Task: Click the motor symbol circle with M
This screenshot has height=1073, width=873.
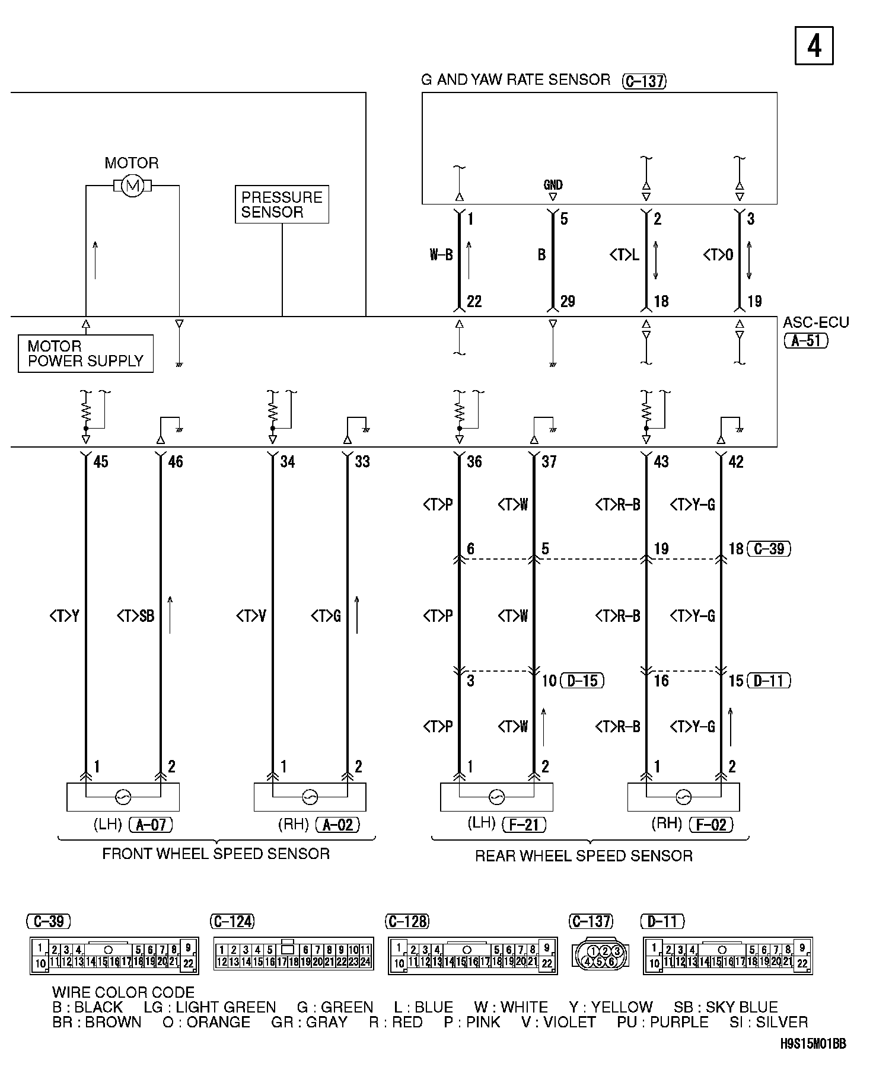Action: coord(132,186)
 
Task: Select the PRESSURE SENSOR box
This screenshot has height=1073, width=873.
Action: coord(282,205)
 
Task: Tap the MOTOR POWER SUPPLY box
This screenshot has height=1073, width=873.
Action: coord(85,354)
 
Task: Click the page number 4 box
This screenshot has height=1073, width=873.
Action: coord(814,46)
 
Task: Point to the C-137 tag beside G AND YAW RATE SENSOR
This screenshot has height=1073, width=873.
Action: coord(644,81)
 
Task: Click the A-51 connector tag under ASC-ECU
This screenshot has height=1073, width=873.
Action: coord(806,341)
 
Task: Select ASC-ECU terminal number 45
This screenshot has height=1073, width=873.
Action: coord(101,462)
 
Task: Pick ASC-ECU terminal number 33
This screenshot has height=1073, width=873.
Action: coord(362,462)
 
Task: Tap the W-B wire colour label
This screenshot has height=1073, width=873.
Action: coord(441,255)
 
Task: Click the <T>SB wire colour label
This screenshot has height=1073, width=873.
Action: coord(135,617)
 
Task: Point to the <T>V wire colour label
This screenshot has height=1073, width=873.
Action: coord(251,617)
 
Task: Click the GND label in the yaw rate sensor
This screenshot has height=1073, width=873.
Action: coord(553,185)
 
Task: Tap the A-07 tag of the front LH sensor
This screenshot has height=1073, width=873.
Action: coord(151,824)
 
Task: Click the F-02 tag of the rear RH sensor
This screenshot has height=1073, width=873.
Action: coord(711,824)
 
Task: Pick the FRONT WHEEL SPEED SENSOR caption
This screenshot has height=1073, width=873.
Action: coord(216,854)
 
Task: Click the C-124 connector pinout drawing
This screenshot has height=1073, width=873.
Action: coord(293,956)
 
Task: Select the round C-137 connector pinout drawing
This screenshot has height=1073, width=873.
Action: coord(601,956)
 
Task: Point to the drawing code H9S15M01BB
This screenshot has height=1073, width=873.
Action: coord(813,1060)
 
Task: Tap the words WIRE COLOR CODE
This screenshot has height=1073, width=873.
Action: coord(123,992)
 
